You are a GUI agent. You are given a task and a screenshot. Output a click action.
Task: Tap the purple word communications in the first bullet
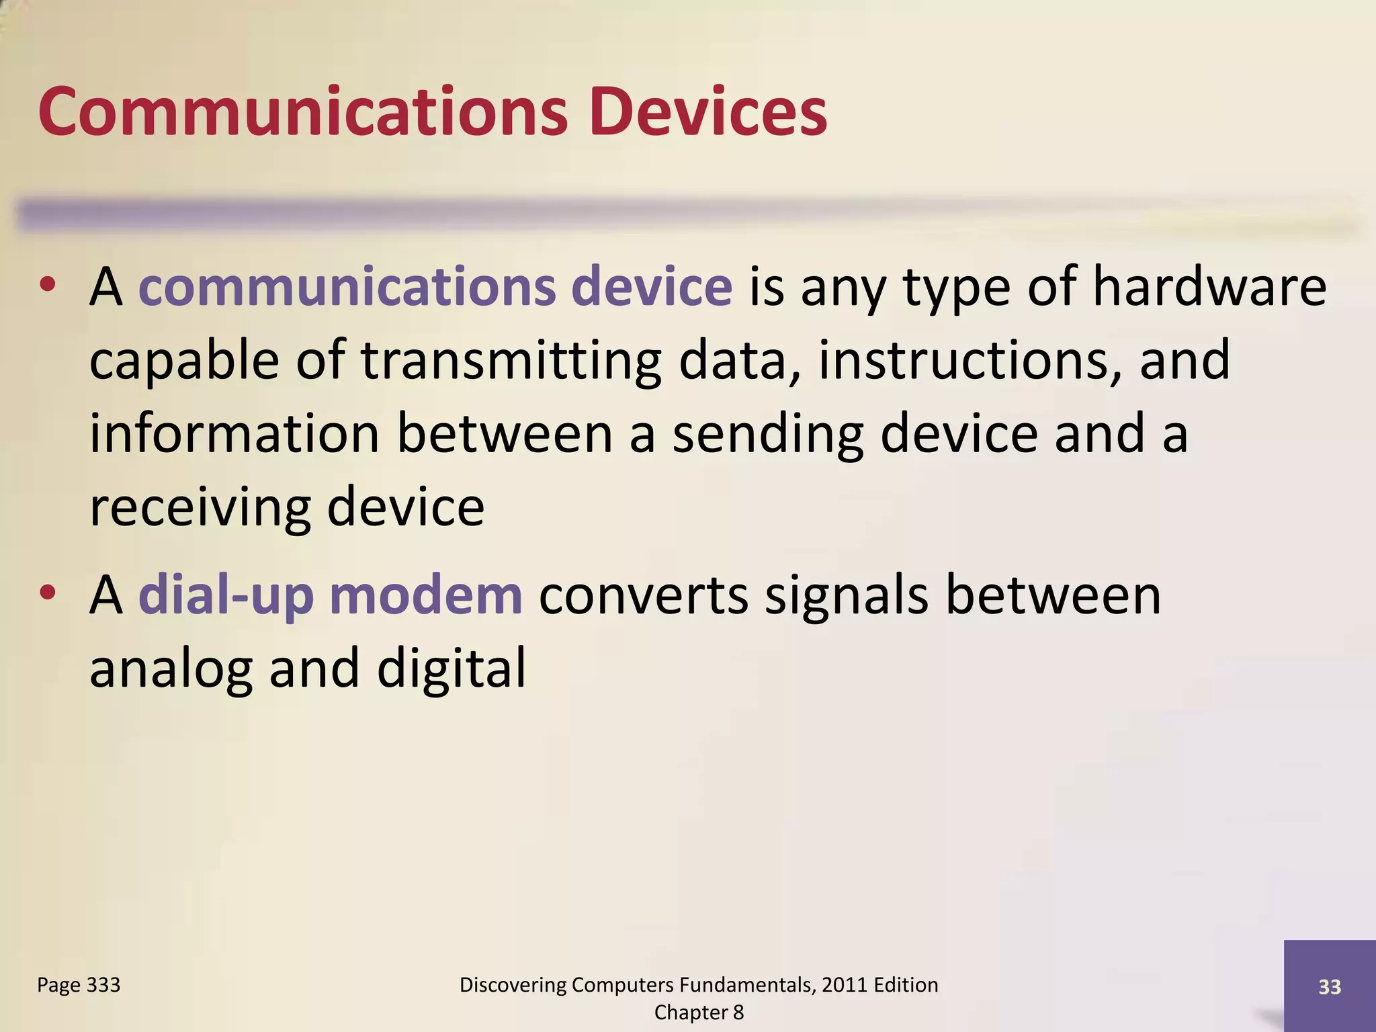(x=347, y=287)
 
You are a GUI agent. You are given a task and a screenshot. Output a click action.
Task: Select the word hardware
(x=1209, y=287)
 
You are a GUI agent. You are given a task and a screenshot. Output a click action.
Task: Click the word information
(x=235, y=434)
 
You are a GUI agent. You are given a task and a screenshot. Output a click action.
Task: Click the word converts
(x=643, y=597)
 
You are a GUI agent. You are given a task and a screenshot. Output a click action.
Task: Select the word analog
(x=171, y=671)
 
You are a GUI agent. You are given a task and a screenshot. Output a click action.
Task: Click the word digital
(x=451, y=669)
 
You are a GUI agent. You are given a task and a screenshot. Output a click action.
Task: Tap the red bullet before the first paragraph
(x=47, y=285)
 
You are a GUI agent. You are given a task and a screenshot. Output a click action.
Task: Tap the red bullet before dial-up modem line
(x=47, y=593)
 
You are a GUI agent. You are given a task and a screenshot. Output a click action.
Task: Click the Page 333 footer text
(x=79, y=985)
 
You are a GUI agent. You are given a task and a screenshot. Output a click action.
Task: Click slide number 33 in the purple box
(x=1330, y=987)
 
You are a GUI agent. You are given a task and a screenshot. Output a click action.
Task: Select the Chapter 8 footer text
(x=699, y=1013)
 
